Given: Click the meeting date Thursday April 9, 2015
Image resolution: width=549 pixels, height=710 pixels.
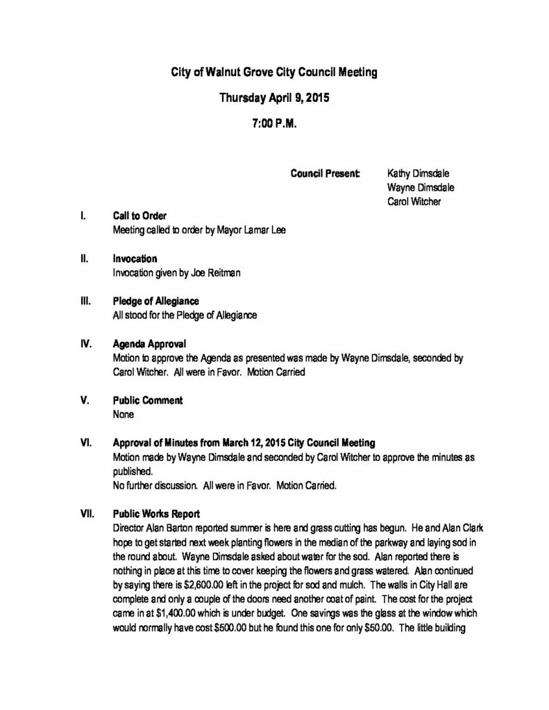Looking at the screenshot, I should coord(274,98).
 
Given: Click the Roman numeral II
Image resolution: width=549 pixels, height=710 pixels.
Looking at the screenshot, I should coord(84,259).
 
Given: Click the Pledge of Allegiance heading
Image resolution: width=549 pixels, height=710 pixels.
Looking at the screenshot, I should coord(155,301).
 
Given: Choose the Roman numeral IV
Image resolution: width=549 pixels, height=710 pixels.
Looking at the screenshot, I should coord(85,343).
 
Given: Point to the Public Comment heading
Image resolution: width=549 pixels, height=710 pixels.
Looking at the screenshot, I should coord(147,400).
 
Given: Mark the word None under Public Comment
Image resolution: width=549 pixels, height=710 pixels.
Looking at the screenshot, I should coord(123,415).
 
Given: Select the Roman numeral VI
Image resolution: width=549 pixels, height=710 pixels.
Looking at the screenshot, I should coord(85,442).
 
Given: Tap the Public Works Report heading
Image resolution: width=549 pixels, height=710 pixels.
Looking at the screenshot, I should coord(156,514).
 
